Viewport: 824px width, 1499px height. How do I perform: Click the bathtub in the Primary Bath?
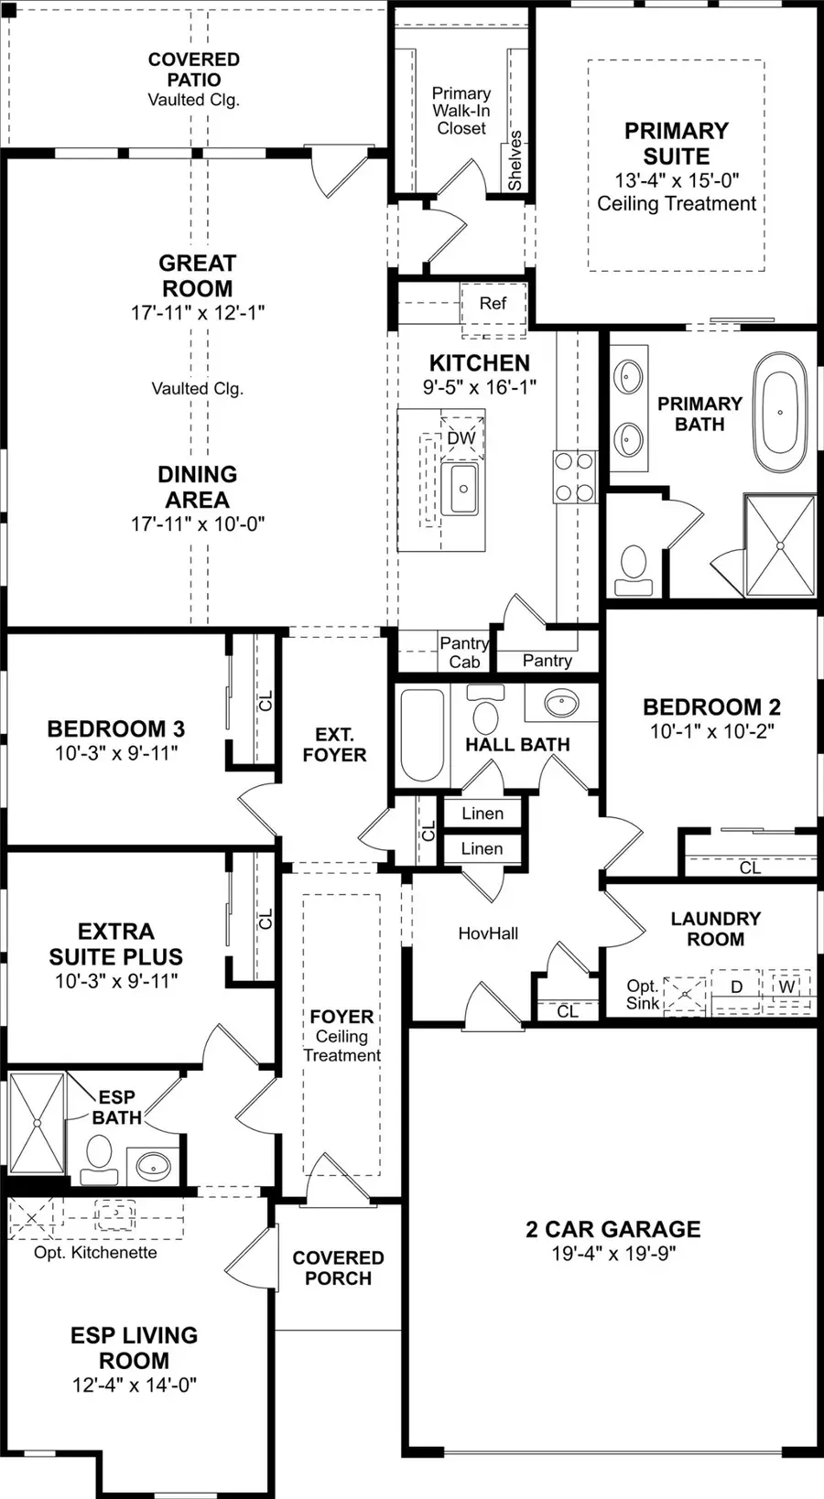[x=780, y=412]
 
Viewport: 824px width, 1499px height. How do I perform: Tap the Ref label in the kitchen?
[x=493, y=303]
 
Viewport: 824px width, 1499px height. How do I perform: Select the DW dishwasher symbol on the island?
[x=461, y=437]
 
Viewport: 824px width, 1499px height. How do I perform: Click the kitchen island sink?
[x=461, y=489]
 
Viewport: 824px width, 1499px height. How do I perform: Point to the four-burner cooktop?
[x=574, y=477]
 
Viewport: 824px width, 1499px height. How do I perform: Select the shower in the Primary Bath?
[x=780, y=546]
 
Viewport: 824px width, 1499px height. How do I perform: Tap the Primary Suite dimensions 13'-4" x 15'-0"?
[x=677, y=180]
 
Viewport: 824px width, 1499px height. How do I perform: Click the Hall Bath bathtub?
[x=422, y=734]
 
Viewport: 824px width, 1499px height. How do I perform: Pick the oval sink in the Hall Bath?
[x=560, y=704]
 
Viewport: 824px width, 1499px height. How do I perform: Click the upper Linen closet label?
[x=482, y=813]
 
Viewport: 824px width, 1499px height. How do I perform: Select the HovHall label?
[x=488, y=933]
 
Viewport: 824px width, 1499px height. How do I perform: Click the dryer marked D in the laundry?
[x=736, y=987]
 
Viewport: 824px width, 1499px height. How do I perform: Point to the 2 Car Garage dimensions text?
[x=613, y=1253]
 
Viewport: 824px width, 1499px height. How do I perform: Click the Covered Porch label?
[x=338, y=1267]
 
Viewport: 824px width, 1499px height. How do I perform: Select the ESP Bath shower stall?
[x=37, y=1123]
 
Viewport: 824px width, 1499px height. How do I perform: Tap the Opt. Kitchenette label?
[x=95, y=1252]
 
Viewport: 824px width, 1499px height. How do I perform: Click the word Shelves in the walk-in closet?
[x=515, y=160]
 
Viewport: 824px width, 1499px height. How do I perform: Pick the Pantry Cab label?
[x=464, y=652]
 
